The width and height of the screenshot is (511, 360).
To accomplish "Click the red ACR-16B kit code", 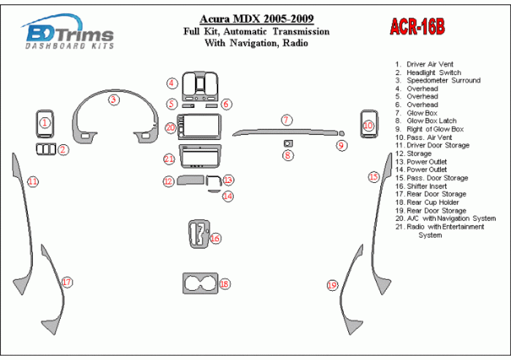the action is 417,26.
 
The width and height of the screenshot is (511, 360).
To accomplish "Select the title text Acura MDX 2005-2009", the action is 257,19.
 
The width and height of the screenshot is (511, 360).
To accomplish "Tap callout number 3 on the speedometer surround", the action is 114,100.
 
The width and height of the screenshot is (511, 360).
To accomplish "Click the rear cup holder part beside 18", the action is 200,283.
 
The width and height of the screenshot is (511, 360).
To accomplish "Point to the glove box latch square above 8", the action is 288,143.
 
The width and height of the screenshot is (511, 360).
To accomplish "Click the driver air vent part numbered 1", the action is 45,123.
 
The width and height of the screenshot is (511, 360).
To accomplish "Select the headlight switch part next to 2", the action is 46,149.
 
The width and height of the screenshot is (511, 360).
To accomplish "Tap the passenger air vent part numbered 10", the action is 369,124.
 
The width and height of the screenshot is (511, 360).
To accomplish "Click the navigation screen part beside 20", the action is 199,127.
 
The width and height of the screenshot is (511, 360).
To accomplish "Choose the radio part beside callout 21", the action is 200,156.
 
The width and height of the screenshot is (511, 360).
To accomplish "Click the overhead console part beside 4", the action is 200,86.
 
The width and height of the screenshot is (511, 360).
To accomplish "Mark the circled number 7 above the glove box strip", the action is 286,120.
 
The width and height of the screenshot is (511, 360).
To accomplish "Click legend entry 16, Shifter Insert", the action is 421,187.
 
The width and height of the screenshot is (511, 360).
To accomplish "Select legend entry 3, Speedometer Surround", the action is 438,81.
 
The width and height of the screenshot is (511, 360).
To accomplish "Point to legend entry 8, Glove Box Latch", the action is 426,121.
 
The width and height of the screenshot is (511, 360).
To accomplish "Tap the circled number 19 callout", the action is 332,286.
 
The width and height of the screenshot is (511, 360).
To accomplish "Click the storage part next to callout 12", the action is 191,180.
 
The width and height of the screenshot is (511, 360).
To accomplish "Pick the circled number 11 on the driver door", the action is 33,181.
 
